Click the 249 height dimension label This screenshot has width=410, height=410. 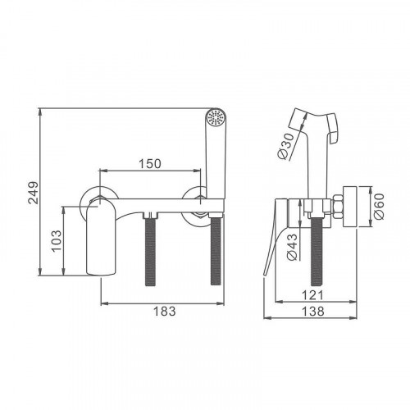tap(34, 193)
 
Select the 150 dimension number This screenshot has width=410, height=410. tap(150, 164)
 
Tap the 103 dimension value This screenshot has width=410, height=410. tap(57, 241)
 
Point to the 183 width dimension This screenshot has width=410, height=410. tap(165, 311)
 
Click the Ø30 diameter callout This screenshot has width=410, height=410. tap(286, 146)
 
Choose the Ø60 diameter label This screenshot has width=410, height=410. tap(380, 207)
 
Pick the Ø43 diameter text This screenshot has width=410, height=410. tap(292, 247)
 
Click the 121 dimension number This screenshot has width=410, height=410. tap(312, 295)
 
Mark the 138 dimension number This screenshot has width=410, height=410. tap(313, 311)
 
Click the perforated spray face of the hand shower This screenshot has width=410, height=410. tap(216, 118)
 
